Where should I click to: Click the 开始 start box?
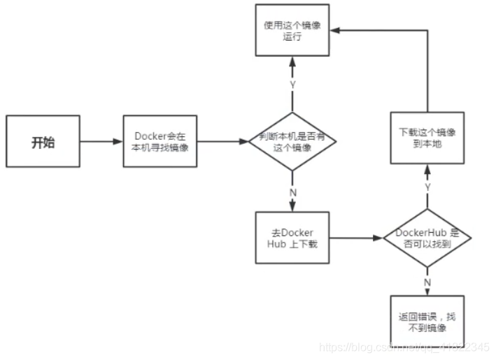pyautogui.click(x=43, y=142)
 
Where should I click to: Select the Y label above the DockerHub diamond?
pyautogui.click(x=427, y=187)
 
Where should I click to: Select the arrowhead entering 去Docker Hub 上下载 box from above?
pyautogui.click(x=292, y=208)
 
